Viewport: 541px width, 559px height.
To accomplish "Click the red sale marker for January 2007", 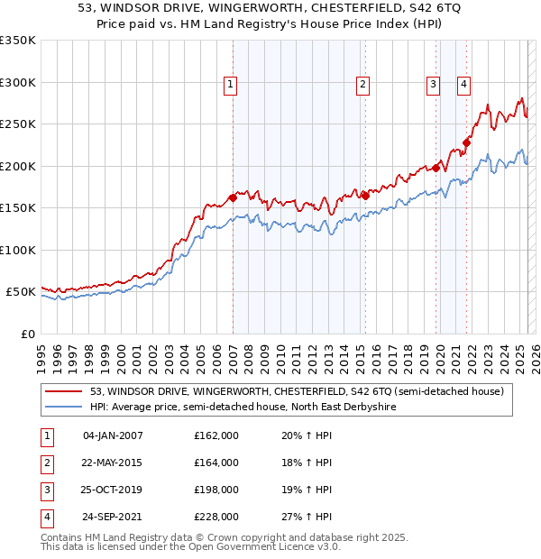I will pos(233,197).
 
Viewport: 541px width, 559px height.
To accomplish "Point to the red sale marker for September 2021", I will pos(467,142).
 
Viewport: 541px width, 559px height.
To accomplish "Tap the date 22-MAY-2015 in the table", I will pos(113,463).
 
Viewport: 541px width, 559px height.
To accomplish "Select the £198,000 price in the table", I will pos(216,490).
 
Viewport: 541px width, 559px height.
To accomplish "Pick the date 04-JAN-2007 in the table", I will pos(113,435).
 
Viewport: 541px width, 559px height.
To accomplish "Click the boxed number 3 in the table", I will pos(44,490).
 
